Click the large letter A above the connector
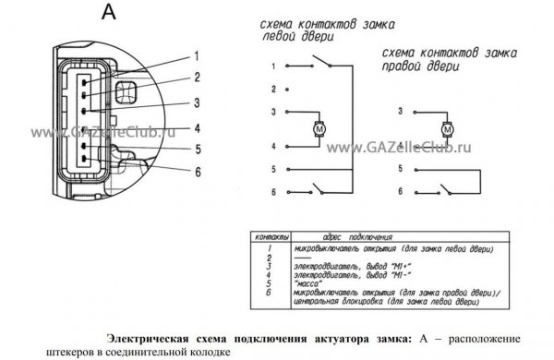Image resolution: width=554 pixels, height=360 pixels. pyautogui.click(x=109, y=12)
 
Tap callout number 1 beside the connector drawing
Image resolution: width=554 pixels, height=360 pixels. pyautogui.click(x=197, y=56)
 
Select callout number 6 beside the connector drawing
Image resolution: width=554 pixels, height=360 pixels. pyautogui.click(x=198, y=172)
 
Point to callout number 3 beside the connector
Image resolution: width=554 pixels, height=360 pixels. pyautogui.click(x=197, y=102)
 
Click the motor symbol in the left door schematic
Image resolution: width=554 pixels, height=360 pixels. pyautogui.click(x=319, y=129)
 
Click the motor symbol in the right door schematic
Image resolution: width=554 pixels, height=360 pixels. pyautogui.click(x=447, y=129)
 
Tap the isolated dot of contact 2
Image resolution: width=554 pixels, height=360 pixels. pyautogui.click(x=287, y=90)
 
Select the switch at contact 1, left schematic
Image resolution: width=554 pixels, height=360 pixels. pyautogui.click(x=320, y=61)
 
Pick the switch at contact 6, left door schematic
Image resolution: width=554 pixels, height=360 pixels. pyautogui.click(x=317, y=188)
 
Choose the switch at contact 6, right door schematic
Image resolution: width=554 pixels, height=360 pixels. pyautogui.click(x=444, y=189)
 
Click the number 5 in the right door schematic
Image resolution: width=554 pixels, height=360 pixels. pyautogui.click(x=401, y=169)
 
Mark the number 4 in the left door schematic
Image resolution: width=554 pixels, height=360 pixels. pyautogui.click(x=273, y=146)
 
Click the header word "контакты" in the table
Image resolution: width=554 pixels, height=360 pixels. pyautogui.click(x=271, y=236)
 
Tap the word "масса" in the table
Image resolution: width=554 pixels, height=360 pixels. pyautogui.click(x=308, y=283)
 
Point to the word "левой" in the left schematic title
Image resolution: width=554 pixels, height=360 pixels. pyautogui.click(x=279, y=36)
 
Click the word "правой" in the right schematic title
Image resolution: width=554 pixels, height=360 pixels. pyautogui.click(x=401, y=66)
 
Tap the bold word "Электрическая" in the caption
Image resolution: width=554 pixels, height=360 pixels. pyautogui.click(x=148, y=339)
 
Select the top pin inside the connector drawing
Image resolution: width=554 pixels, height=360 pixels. pyautogui.click(x=84, y=83)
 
